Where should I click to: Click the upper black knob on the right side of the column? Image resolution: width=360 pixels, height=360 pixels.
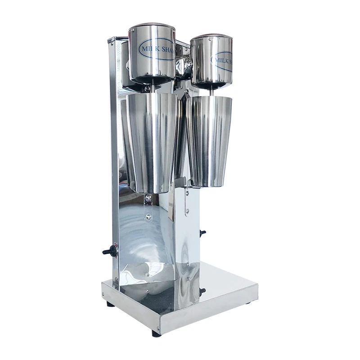[202, 233]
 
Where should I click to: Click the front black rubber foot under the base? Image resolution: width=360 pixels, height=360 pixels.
[156, 333]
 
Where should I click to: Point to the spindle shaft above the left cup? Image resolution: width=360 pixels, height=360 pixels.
[152, 88]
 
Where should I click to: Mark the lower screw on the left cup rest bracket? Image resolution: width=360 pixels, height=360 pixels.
[148, 216]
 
